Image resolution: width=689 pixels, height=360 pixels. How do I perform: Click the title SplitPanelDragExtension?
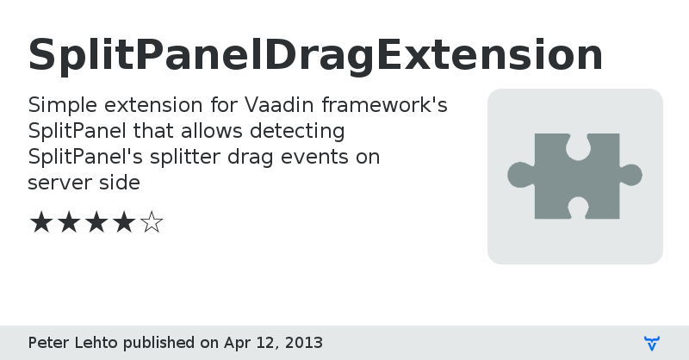tap(315, 55)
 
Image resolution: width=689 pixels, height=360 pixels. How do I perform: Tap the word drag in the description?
tap(245, 158)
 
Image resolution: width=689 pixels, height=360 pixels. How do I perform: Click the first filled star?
tap(40, 223)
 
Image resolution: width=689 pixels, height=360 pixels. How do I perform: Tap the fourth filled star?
tap(123, 223)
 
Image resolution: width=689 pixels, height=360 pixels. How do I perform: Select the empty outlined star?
tap(152, 223)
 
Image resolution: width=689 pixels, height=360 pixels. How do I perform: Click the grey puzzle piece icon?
tap(574, 176)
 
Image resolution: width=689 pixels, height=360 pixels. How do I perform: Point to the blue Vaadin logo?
tap(652, 344)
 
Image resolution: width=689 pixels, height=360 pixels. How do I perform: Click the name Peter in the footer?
tap(47, 343)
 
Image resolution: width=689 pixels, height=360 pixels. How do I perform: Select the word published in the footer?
tap(159, 343)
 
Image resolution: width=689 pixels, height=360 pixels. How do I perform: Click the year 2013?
tap(305, 343)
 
